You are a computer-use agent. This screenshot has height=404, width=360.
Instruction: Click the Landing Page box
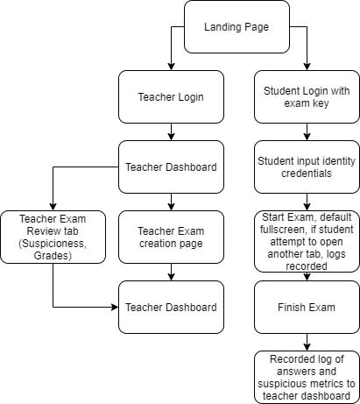[236, 27]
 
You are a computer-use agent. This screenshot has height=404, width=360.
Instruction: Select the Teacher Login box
[171, 97]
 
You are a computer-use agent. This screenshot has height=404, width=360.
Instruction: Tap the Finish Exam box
[307, 308]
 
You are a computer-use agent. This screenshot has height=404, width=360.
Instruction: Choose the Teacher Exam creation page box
[171, 237]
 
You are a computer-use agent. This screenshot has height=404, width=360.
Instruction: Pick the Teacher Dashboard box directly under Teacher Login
[171, 167]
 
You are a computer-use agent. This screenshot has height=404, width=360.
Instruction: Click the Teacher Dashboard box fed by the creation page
[171, 308]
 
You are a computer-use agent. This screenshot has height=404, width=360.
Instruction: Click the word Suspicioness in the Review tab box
[53, 244]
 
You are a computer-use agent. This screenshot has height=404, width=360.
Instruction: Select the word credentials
[307, 174]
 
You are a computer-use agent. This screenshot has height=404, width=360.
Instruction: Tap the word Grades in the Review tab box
[53, 256]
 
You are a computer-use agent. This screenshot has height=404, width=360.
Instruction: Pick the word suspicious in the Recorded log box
[279, 384]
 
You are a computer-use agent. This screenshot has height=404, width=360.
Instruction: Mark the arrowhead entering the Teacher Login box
[171, 67]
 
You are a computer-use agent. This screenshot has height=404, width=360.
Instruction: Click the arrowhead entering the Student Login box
[307, 67]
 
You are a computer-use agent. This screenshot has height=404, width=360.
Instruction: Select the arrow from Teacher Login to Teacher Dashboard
[171, 132]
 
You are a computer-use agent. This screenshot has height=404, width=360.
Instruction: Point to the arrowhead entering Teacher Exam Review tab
[53, 207]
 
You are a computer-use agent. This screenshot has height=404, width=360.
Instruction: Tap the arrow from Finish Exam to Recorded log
[307, 343]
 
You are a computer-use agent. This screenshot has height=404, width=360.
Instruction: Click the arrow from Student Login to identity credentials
[307, 132]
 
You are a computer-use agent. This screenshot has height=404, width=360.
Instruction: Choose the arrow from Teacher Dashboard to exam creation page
[171, 202]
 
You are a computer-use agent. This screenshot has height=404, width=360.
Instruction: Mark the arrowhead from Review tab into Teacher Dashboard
[115, 308]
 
